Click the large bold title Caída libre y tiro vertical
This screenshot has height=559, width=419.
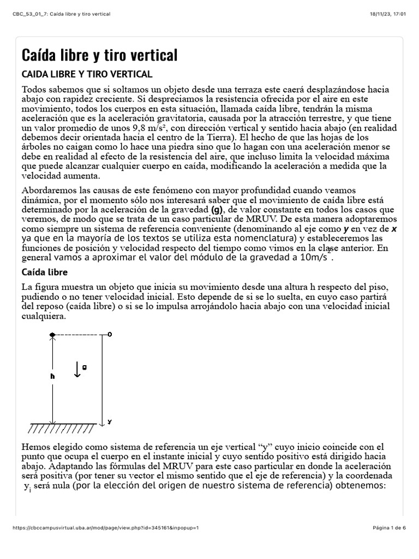[99, 55]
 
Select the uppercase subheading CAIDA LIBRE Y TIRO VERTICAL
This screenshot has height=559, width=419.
[87, 74]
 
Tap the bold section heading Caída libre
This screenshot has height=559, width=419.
[44, 272]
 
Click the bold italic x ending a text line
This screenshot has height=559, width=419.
[394, 229]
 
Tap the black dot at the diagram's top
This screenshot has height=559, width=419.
[52, 334]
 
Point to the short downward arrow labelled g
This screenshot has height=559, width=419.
[77, 371]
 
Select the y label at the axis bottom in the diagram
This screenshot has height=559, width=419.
[110, 421]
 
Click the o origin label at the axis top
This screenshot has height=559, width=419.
[110, 334]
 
